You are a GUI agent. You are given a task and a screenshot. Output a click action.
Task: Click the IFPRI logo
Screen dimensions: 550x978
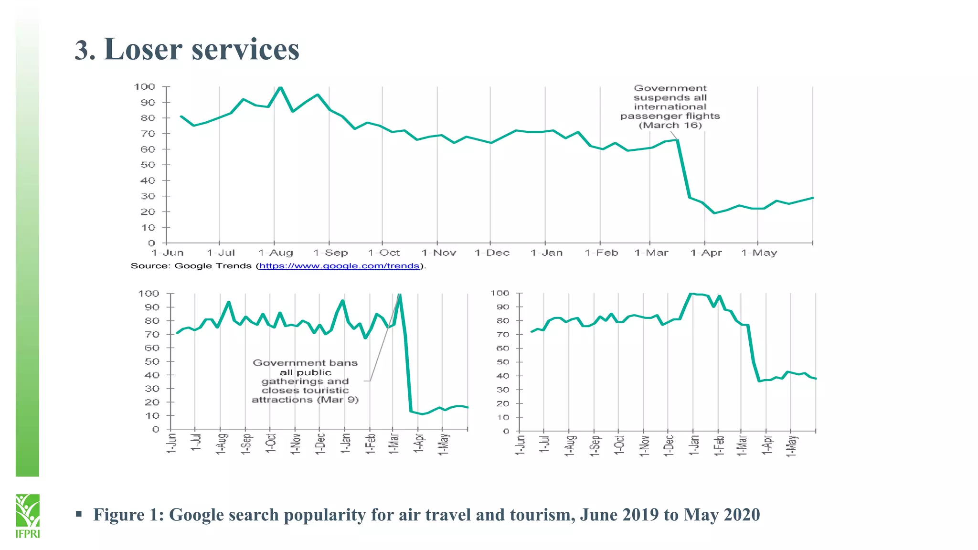click(27, 516)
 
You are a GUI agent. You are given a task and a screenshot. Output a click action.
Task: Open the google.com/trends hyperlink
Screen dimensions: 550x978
click(339, 266)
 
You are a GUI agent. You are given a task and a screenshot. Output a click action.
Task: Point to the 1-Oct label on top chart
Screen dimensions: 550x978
click(384, 253)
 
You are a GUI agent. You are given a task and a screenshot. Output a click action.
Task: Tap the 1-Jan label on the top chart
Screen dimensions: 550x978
click(546, 253)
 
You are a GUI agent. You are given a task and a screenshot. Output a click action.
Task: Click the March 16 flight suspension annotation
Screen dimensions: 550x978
click(670, 107)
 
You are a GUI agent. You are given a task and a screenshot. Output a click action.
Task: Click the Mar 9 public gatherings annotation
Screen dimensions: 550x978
click(305, 381)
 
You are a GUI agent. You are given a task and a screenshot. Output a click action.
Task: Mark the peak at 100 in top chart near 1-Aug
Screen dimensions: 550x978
click(280, 87)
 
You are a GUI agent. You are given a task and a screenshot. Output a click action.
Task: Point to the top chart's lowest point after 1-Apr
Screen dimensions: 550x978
click(714, 213)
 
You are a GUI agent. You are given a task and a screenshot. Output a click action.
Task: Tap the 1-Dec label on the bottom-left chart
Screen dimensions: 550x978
click(320, 444)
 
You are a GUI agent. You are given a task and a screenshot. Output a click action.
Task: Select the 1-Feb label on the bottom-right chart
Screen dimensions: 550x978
click(719, 445)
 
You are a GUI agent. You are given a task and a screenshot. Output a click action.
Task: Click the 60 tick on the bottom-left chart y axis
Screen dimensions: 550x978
click(152, 348)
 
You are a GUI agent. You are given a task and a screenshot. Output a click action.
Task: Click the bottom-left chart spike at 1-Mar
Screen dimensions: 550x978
click(400, 295)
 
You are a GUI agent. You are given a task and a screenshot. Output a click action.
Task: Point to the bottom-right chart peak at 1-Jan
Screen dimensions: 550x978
click(691, 294)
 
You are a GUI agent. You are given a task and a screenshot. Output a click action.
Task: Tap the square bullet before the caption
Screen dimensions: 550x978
click(79, 514)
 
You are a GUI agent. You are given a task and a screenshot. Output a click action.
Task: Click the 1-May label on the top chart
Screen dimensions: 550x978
click(759, 253)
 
